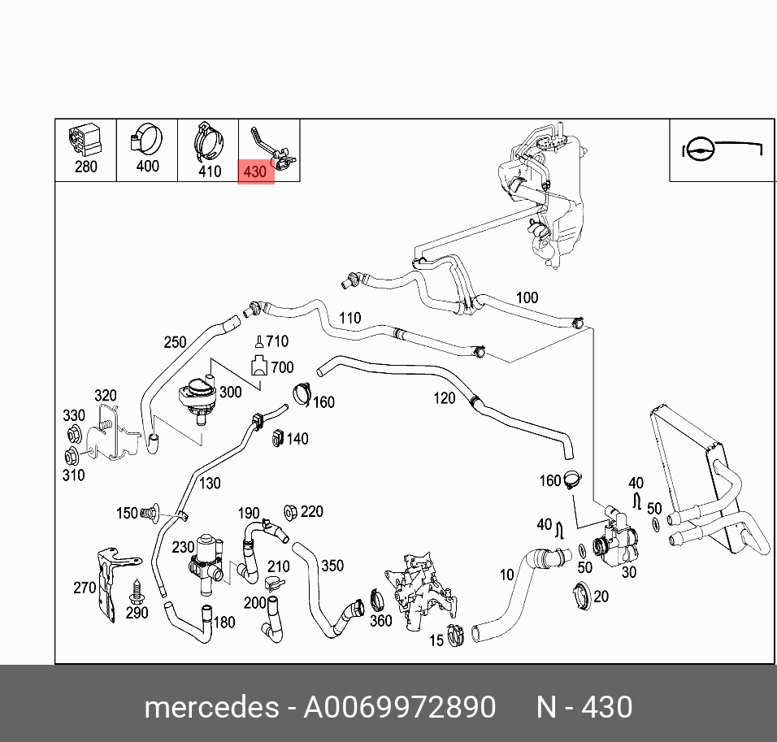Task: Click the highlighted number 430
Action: click(255, 171)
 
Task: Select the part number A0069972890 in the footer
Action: click(399, 707)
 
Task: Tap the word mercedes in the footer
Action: click(211, 707)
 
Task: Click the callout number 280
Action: click(85, 167)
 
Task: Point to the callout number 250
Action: click(175, 342)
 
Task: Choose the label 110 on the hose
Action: click(349, 318)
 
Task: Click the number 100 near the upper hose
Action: click(527, 297)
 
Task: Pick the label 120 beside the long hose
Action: click(444, 397)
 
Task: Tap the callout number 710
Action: click(276, 341)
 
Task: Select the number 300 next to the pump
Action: click(230, 392)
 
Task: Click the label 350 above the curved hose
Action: click(332, 565)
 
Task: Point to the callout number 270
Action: click(85, 587)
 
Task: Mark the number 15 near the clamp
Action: click(436, 641)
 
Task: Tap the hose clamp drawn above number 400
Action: click(145, 141)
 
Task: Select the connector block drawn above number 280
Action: click(85, 139)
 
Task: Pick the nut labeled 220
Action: click(289, 512)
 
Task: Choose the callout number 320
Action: click(105, 396)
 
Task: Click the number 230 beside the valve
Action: click(183, 548)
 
